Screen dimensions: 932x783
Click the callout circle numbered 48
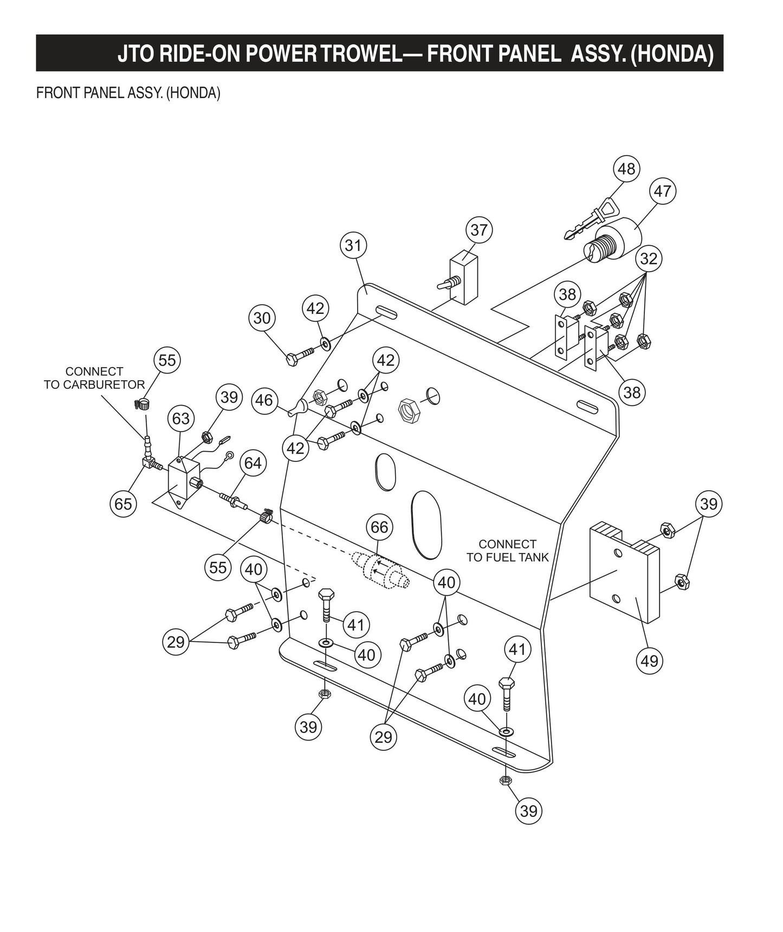pos(626,169)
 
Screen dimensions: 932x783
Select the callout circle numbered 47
pos(662,191)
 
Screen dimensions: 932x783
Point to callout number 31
pos(353,246)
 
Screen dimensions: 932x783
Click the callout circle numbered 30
pos(262,318)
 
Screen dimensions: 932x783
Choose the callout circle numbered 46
pos(264,400)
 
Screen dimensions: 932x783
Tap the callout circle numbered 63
pos(181,418)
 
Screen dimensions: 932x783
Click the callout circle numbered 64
pos(253,463)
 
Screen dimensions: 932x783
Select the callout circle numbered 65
pos(123,504)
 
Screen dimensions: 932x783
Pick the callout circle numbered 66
pos(379,527)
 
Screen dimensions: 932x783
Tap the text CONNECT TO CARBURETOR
pos(94,378)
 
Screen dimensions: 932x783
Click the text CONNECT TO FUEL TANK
pos(507,550)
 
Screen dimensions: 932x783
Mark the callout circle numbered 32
pos(649,259)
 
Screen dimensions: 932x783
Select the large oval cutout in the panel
pos(426,524)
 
